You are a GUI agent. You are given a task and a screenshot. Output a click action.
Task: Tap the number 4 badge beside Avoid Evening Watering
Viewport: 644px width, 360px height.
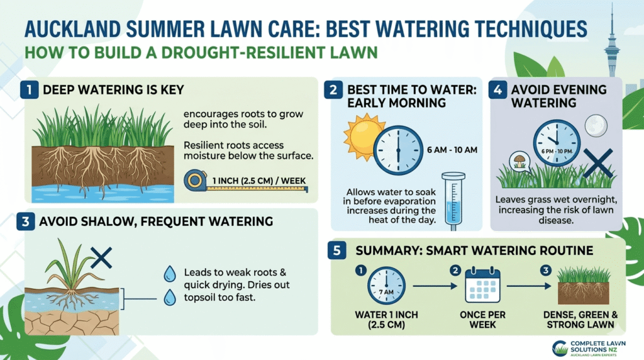pos(498,89)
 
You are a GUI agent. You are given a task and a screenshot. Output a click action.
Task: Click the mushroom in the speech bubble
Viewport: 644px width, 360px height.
pos(520,160)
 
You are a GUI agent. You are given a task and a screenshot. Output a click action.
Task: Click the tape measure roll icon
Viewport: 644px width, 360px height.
pos(194,181)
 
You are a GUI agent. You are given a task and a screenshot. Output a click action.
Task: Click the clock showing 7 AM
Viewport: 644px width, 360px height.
pos(386,286)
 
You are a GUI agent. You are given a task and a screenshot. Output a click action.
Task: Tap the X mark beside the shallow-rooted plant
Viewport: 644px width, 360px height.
pos(101,257)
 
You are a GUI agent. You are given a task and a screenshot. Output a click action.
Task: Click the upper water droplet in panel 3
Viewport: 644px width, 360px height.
pos(169,273)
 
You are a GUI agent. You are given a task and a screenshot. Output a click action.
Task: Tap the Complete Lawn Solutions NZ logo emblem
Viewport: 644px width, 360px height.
pos(558,347)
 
